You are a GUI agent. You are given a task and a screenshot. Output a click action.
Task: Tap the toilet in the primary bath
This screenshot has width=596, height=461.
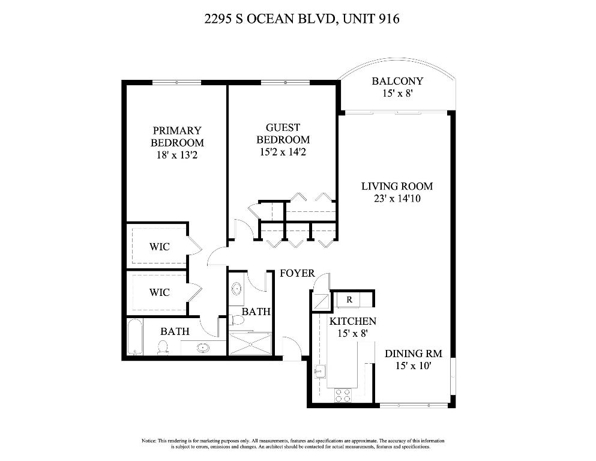pyautogui.click(x=162, y=348)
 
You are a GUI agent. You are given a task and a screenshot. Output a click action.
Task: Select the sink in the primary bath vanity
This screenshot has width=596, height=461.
pyautogui.click(x=203, y=348)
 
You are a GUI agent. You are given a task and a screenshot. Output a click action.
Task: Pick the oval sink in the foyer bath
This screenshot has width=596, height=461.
pyautogui.click(x=235, y=289)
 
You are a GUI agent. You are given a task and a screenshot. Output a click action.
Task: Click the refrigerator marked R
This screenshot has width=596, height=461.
pyautogui.click(x=349, y=299)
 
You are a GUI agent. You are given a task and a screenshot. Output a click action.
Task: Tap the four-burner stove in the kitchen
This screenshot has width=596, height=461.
pyautogui.click(x=342, y=396)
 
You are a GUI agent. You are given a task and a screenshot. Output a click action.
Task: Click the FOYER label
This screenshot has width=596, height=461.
pyautogui.click(x=297, y=274)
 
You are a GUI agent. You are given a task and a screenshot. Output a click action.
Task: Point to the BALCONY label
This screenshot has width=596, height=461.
pyautogui.click(x=397, y=81)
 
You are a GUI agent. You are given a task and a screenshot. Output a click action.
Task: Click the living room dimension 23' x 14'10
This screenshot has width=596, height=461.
pyautogui.click(x=397, y=199)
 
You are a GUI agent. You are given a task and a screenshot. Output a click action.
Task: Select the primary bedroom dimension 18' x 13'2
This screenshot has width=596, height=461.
pyautogui.click(x=176, y=155)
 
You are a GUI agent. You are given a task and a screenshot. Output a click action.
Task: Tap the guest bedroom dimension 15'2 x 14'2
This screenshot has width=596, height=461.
pyautogui.click(x=283, y=152)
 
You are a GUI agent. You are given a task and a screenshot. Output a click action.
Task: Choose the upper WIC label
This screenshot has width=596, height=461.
pyautogui.click(x=159, y=247)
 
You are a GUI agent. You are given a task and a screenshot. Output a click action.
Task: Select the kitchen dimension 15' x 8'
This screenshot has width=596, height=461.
pyautogui.click(x=352, y=333)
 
